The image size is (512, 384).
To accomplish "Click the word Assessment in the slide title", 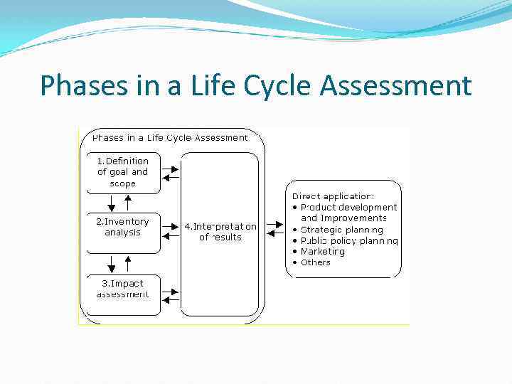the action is point(395,86).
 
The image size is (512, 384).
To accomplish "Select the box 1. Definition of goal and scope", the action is point(123,172).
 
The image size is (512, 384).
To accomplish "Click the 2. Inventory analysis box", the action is point(123,232).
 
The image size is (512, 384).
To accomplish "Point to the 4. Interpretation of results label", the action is point(220,232).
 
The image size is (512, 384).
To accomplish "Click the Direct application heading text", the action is point(333,196).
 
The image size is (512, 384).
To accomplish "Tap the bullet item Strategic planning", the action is point(341,230).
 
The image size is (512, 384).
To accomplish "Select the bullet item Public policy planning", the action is point(348,240).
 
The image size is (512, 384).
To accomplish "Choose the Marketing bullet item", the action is point(323,251).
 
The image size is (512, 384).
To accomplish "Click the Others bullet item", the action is point(316,262).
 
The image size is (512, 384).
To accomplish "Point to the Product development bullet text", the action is point(348,207).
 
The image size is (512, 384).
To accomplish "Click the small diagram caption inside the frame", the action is point(170,137).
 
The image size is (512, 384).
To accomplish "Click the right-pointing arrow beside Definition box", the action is point(171,166).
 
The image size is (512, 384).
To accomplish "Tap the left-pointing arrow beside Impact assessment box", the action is point(171,300).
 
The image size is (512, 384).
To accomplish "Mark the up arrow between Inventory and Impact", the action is point(128,264).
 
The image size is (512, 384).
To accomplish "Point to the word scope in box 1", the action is point(122,183).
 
